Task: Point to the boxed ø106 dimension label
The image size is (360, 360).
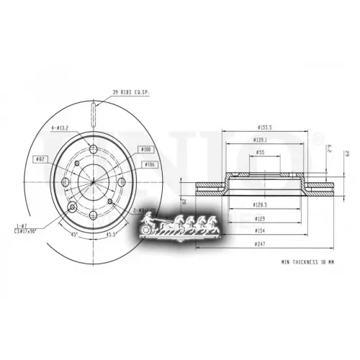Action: (x=150, y=164)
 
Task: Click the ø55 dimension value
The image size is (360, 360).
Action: (x=261, y=153)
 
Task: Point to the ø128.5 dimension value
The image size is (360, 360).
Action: (x=261, y=205)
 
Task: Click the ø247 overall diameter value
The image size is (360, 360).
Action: (x=261, y=244)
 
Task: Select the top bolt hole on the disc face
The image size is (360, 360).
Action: (x=94, y=150)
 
